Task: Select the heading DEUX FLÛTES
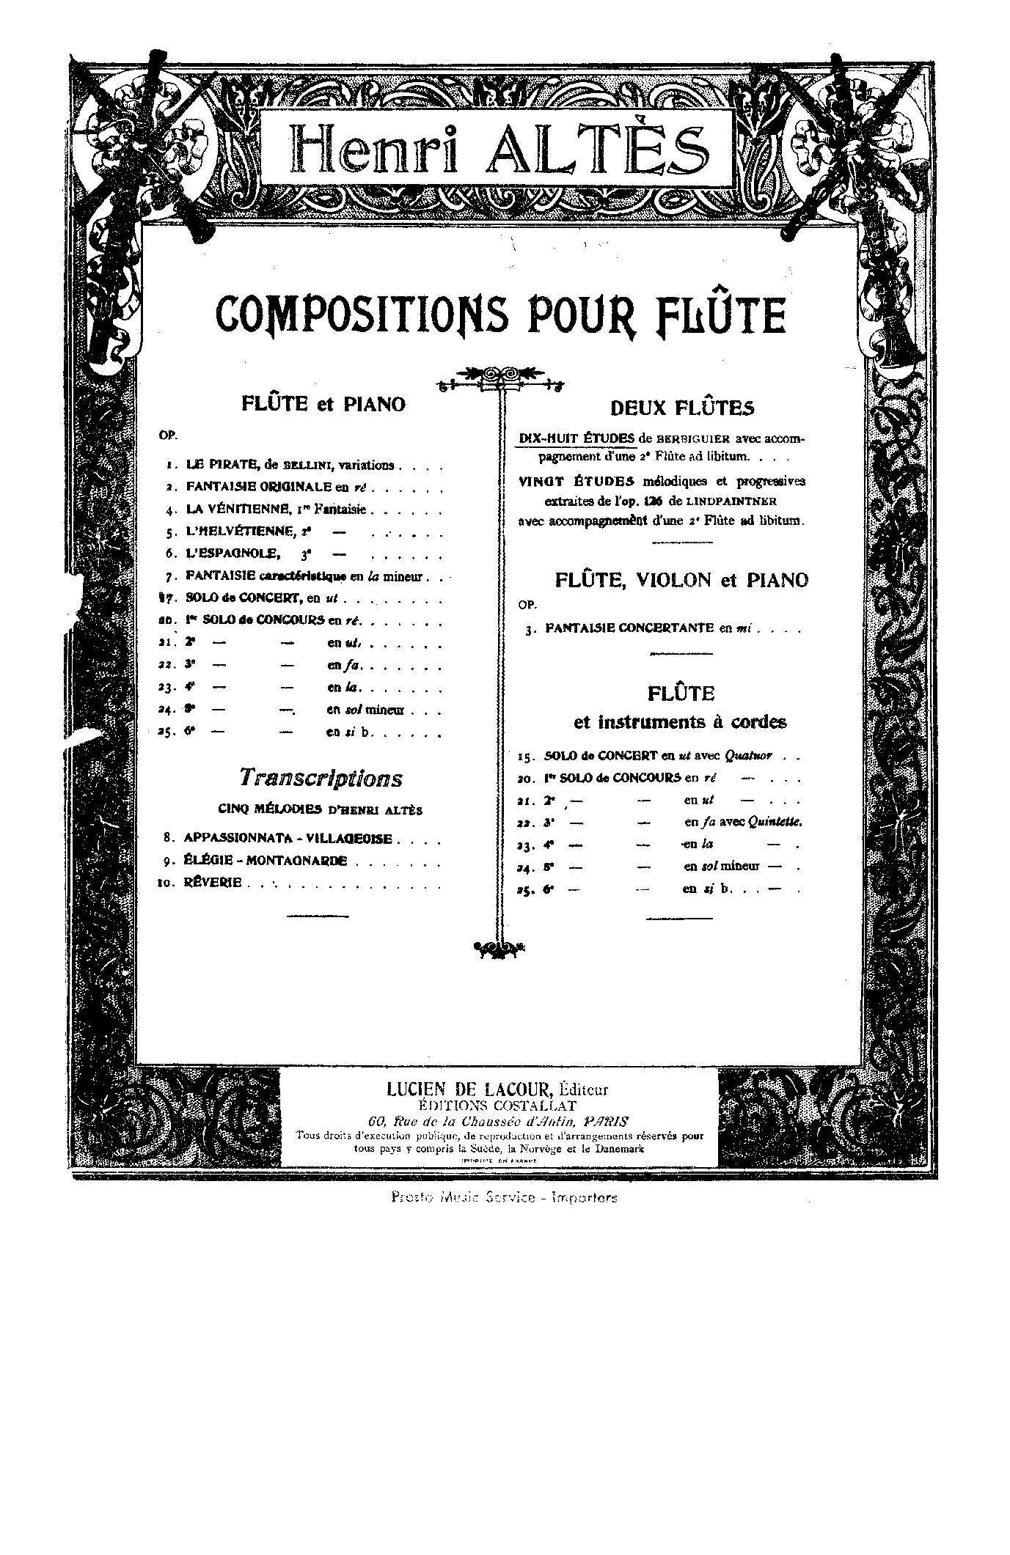tap(682, 408)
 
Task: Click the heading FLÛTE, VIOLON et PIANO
tap(681, 581)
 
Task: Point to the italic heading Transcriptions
tap(321, 778)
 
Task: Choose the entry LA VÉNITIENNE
tap(241, 509)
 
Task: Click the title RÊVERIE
tap(213, 883)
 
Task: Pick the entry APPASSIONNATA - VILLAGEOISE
tap(288, 838)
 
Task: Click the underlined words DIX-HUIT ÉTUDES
tap(577, 438)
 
